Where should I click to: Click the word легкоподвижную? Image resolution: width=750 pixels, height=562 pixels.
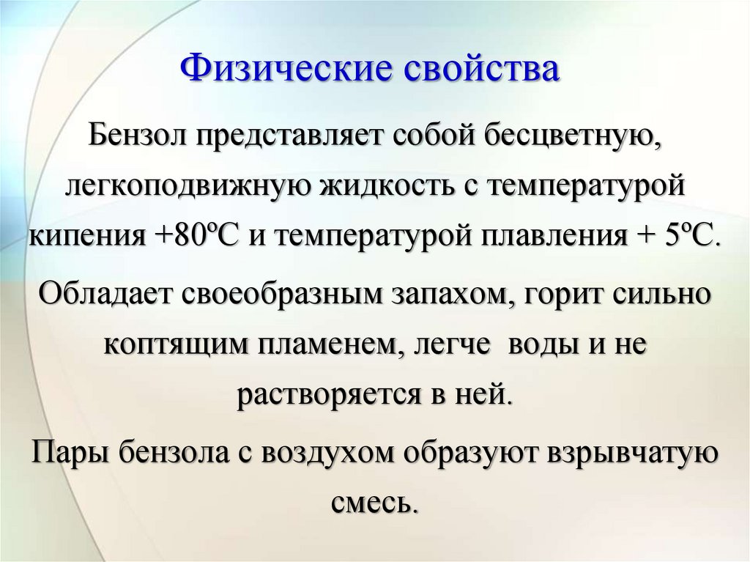pos(187,186)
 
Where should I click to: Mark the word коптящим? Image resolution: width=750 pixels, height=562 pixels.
pos(172,344)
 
